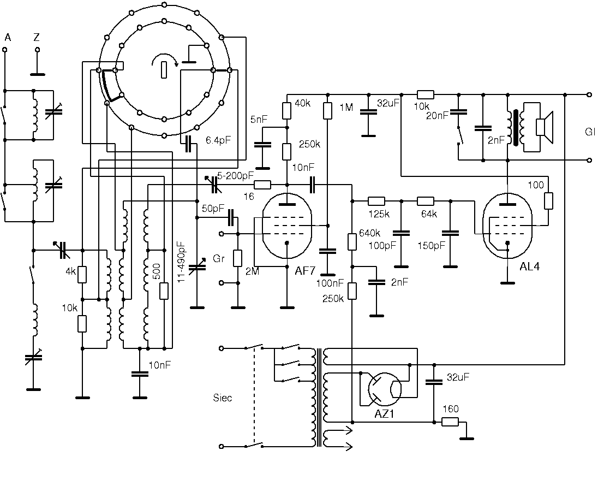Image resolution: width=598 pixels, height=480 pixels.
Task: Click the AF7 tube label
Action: point(305,271)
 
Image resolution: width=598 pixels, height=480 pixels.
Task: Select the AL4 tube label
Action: point(529,266)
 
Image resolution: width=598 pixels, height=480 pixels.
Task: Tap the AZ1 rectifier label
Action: point(384,414)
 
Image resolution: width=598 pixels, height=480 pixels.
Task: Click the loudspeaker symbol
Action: point(544,127)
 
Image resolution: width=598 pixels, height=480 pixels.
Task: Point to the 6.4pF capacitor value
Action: point(218,140)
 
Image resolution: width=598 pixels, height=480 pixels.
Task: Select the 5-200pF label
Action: point(235,175)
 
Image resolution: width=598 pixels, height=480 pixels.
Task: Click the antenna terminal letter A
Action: point(8,37)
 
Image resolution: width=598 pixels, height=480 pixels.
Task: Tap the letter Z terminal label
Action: point(36,37)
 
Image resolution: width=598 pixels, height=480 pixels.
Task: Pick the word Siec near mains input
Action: point(223,398)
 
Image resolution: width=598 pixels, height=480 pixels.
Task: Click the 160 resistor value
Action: point(450,409)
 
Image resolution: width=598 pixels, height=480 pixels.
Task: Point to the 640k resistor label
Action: point(369,233)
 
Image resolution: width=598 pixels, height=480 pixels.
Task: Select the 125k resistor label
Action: point(379,214)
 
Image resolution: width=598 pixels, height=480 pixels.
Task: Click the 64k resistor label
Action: point(429,214)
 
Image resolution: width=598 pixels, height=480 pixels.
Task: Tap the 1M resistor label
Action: point(346,108)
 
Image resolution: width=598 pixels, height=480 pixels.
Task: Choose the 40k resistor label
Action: point(302,103)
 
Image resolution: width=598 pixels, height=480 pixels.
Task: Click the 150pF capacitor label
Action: point(431,245)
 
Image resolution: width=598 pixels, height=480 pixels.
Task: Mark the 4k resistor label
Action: point(71,271)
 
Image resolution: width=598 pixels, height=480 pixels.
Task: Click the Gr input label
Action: point(219,259)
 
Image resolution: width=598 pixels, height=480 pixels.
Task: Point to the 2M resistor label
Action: point(252,271)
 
